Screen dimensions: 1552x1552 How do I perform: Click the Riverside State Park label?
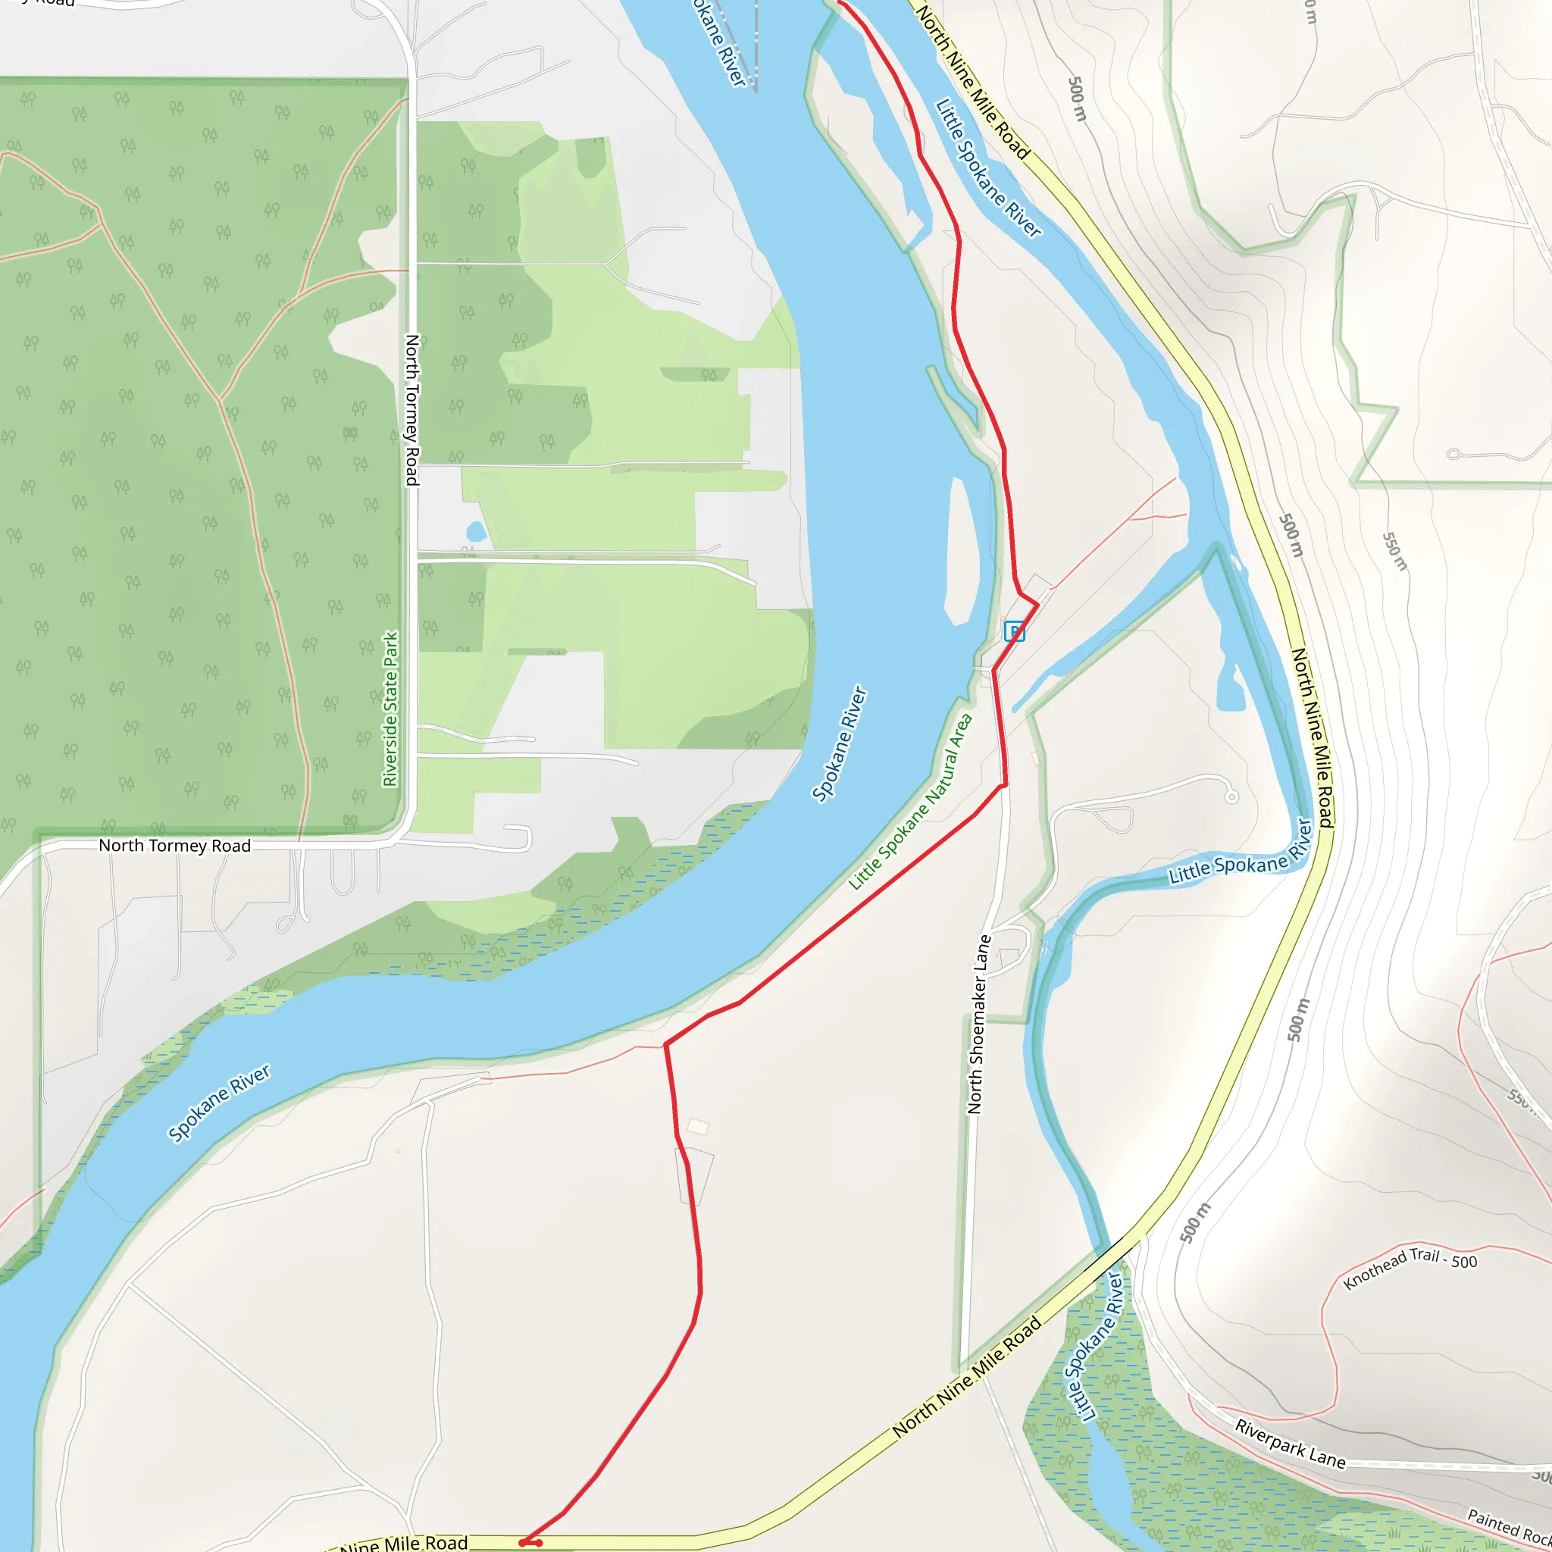(x=390, y=709)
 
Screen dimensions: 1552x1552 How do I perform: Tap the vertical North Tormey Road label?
(x=412, y=410)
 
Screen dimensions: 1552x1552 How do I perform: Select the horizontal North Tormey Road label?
(x=174, y=845)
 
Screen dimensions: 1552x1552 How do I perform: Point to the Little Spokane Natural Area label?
(x=911, y=801)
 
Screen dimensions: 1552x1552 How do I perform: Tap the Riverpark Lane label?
(x=1289, y=1444)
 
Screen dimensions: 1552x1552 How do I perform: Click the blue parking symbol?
(x=1015, y=631)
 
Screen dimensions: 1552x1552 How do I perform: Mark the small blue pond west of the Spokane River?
(x=476, y=531)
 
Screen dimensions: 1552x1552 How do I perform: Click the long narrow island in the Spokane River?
(x=961, y=552)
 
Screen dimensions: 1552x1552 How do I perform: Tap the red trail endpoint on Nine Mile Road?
(x=530, y=1542)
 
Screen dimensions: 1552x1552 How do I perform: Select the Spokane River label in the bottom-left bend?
(x=218, y=1103)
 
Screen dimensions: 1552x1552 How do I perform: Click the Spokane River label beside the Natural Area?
(x=840, y=743)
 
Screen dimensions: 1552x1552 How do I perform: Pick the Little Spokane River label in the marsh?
(x=1094, y=1346)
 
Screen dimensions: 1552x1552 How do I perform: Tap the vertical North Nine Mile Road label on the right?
(x=1312, y=737)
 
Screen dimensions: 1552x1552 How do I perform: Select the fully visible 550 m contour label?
(x=1394, y=551)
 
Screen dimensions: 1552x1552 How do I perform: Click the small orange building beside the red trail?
(x=698, y=1127)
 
